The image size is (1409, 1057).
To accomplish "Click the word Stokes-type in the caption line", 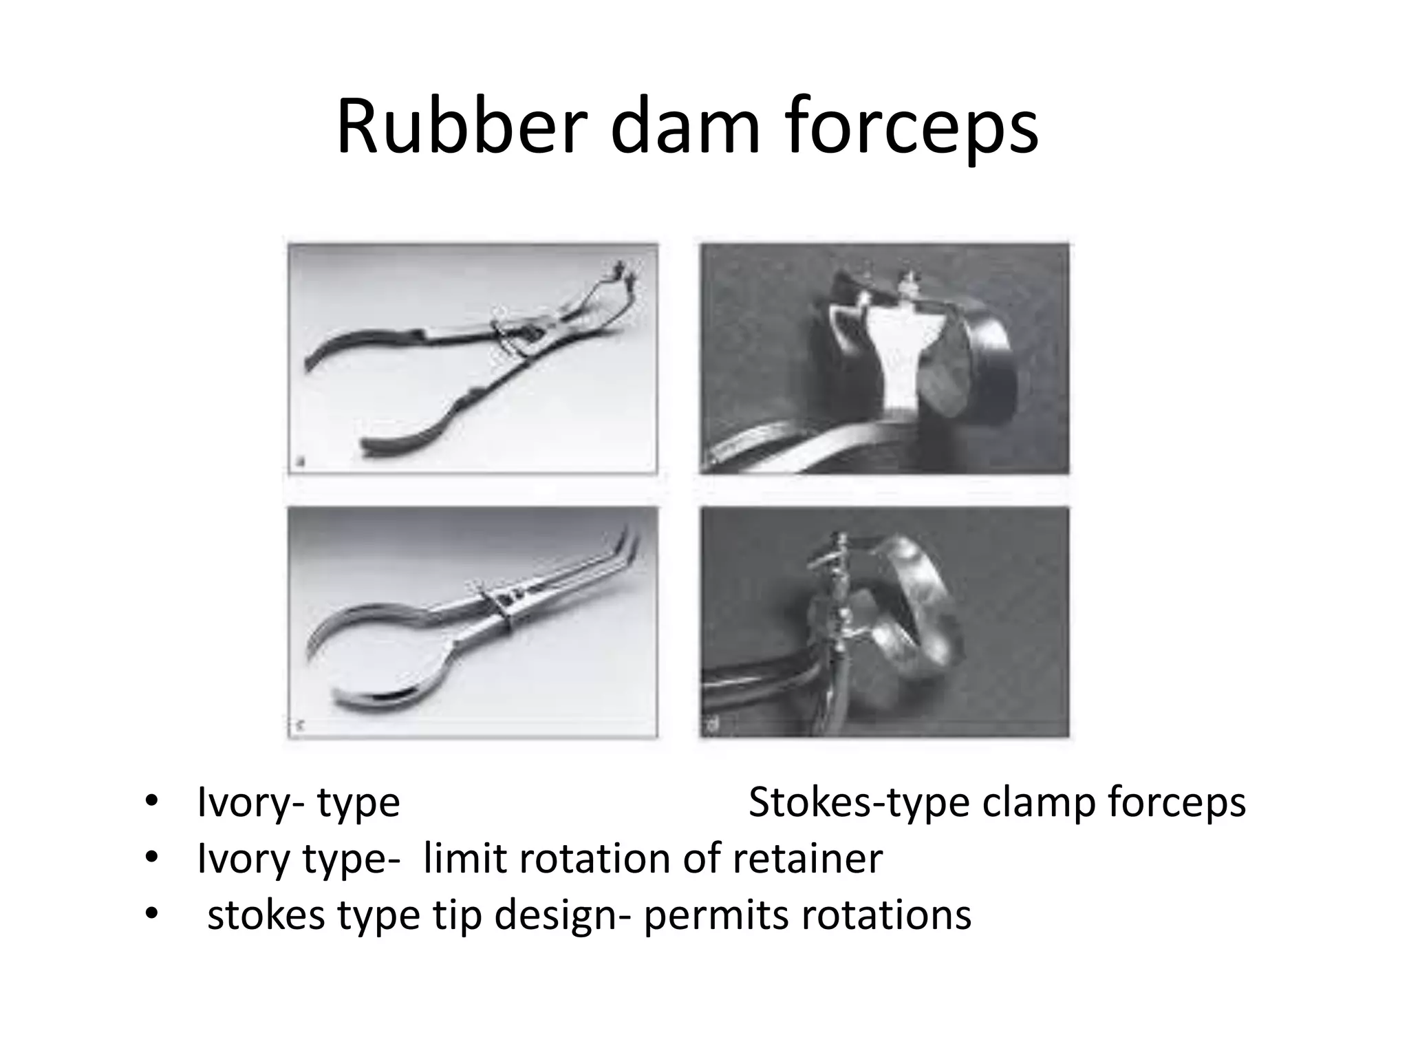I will tap(859, 802).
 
